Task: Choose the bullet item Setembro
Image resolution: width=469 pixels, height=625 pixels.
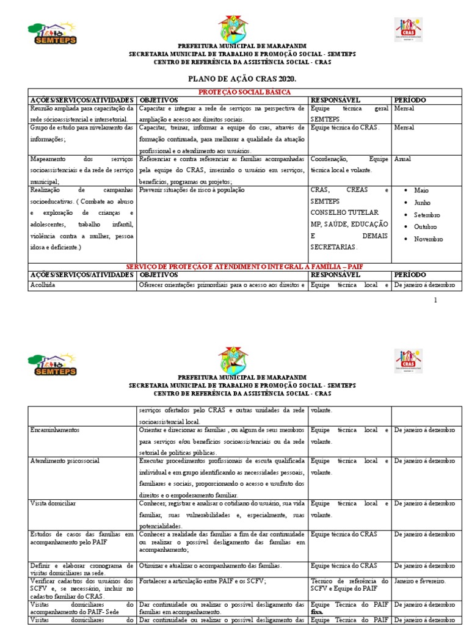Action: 427,215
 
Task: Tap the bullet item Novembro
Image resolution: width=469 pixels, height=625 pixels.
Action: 428,239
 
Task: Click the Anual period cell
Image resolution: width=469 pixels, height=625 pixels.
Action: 403,159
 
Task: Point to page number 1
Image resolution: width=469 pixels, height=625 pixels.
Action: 435,300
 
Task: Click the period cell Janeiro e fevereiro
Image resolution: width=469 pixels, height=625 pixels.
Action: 420,581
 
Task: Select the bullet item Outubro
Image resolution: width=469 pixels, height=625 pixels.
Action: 426,226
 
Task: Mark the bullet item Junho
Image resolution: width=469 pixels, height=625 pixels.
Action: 423,203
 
